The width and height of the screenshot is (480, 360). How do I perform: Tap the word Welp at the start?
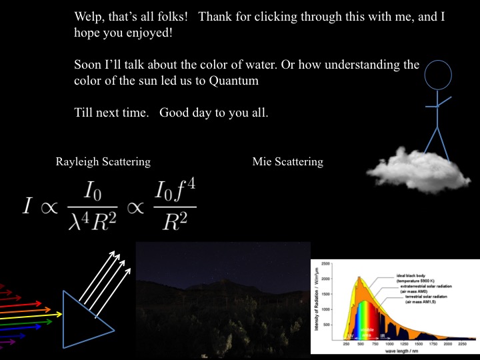coord(89,16)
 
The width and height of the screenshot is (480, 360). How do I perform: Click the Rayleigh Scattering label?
coord(103,162)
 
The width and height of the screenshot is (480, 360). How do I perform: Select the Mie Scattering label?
coord(288,162)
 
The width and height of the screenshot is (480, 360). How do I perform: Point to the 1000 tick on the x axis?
coord(389,344)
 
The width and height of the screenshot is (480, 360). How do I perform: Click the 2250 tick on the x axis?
coord(460,344)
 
